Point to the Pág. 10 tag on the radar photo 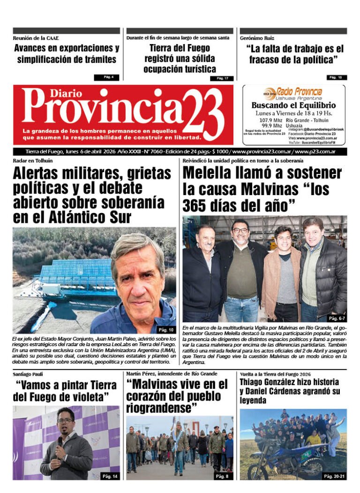[166, 329]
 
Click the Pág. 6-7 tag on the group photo [336, 318]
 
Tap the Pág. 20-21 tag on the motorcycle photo [335, 476]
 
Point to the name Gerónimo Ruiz [257, 38]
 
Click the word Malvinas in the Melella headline [270, 190]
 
